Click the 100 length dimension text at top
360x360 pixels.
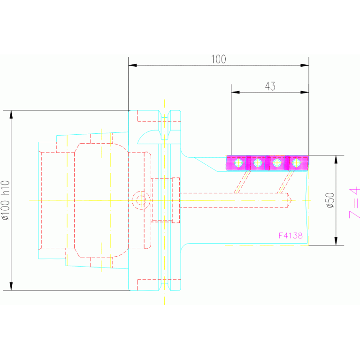click(219, 59)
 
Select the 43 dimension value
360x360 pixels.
click(270, 86)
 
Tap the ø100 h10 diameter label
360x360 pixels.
click(6, 200)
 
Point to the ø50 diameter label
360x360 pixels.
click(330, 200)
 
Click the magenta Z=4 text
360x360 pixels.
click(354, 202)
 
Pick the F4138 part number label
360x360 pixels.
click(291, 236)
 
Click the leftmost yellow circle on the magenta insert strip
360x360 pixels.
click(238, 163)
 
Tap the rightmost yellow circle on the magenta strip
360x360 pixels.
click(297, 163)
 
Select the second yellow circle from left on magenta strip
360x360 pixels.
click(258, 163)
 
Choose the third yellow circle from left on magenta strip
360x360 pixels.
click(277, 163)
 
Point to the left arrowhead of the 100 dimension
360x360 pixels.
click(133, 65)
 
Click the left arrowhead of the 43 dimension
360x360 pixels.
click(235, 92)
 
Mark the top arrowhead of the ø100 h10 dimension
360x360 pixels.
click(11, 115)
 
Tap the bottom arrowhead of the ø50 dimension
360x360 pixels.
click(336, 241)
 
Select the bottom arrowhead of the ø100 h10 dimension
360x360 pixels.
click(11, 286)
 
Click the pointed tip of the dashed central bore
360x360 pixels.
click(291, 200)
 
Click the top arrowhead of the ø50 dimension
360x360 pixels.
click(336, 160)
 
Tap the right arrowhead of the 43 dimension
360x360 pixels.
click(305, 92)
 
